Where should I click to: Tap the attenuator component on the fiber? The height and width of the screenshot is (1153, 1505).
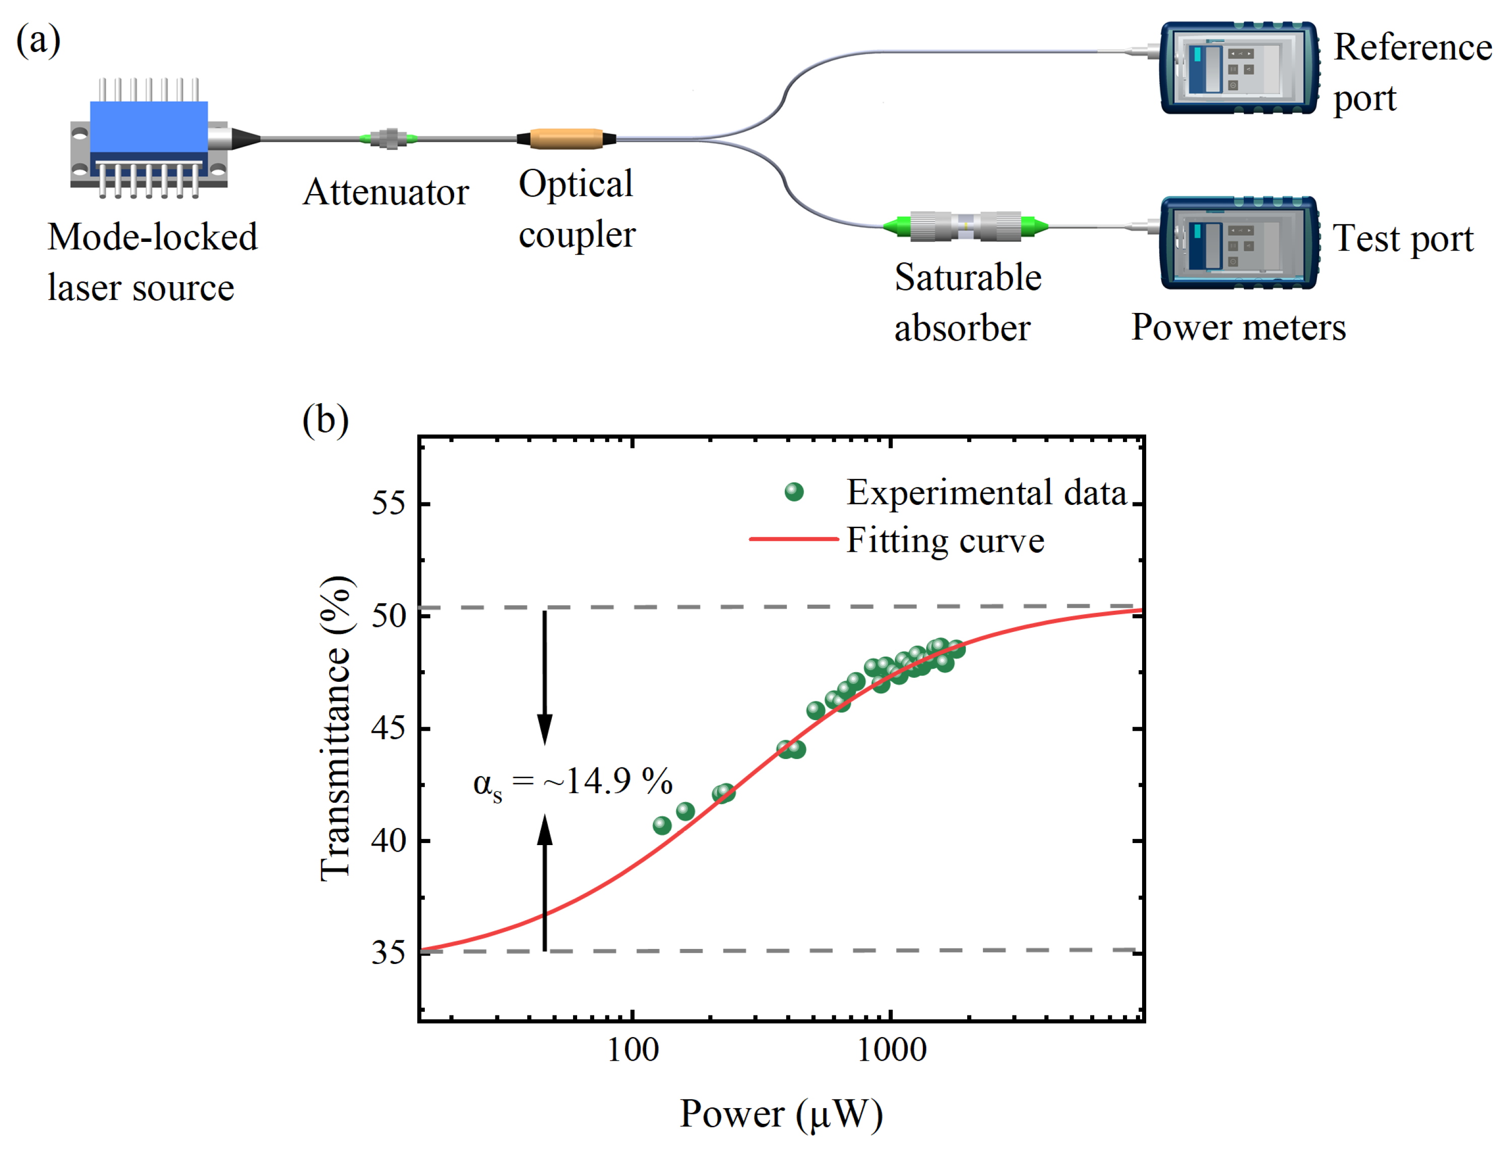[x=389, y=139]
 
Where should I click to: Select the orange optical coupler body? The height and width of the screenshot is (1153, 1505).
[x=566, y=139]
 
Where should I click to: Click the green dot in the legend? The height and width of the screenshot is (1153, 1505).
[x=793, y=491]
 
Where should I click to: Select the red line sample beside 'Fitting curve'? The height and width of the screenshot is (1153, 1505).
[x=793, y=539]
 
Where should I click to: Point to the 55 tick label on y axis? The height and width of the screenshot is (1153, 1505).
[x=389, y=504]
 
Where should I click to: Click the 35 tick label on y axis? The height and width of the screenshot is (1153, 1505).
[x=389, y=952]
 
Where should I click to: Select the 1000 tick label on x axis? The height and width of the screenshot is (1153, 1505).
[x=891, y=1050]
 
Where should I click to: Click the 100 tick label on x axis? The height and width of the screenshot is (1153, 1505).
[x=632, y=1050]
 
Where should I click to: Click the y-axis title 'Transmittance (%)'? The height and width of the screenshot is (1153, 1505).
[x=336, y=728]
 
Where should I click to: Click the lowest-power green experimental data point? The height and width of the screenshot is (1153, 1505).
[x=662, y=825]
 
